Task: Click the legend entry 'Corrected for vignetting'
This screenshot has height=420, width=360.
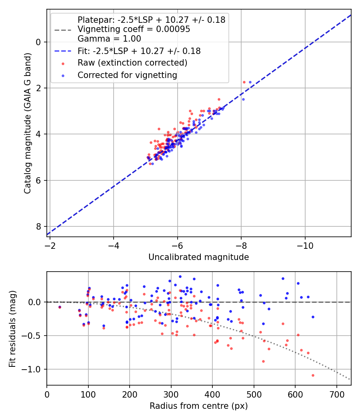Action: coord(127,75)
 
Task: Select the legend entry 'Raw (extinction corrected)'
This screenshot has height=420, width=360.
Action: coord(132,63)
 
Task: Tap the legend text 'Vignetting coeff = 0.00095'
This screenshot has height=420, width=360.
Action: coord(134,29)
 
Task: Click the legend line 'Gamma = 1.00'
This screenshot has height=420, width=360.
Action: coord(109,39)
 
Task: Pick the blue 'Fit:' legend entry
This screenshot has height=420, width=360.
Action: coord(139,51)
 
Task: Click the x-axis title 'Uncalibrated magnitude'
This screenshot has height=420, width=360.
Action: coord(198,257)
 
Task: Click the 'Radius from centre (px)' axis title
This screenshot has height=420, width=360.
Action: coord(198,406)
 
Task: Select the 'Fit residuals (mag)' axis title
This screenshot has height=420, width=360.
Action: coord(13,328)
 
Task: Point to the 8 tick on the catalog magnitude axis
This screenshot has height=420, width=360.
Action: coord(39,226)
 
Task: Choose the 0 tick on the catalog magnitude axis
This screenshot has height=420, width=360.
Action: coord(39,42)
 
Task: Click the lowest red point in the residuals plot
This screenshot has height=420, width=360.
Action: coord(313,375)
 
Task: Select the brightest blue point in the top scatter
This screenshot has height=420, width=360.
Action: coord(250,82)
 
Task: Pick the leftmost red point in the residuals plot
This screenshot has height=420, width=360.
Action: coord(60,307)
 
